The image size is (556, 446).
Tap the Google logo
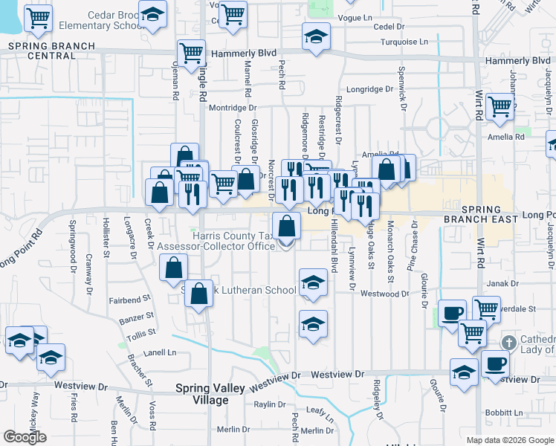25,437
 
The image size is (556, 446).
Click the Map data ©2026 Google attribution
510,440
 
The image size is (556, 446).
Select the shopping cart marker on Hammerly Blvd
191,54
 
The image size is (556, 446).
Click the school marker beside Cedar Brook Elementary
153,15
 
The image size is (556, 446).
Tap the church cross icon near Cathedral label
508,343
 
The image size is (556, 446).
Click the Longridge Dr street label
369,89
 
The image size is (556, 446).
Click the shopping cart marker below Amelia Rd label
500,106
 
